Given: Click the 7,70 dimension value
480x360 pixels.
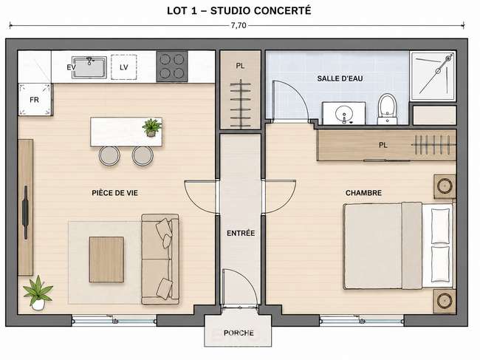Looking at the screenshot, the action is [239, 25].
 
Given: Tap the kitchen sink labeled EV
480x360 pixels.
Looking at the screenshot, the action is [89, 67].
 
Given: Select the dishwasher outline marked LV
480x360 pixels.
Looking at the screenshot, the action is [123, 67].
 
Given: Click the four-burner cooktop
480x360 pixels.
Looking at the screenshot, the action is [172, 67].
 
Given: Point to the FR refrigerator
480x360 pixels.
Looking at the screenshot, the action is [35, 100].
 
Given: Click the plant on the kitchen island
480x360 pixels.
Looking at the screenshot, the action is [151, 127].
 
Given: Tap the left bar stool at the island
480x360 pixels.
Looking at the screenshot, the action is [109, 156].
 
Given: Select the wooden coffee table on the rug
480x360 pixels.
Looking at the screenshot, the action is [106, 259].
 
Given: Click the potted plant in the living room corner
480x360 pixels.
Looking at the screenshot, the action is [38, 293].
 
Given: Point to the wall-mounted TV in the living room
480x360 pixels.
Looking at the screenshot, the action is [25, 212].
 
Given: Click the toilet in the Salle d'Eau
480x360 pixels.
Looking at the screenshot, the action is [387, 109].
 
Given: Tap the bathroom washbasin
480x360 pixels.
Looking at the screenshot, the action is [344, 114].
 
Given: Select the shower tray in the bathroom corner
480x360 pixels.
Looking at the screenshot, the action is [433, 75].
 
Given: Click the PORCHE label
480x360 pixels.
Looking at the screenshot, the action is [239, 333].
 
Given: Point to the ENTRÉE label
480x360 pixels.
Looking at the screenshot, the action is [241, 233].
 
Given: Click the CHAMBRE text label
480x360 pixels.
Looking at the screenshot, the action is [363, 193].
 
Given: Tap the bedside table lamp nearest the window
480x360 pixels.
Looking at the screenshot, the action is [445, 301].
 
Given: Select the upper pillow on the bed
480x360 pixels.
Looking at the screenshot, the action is [441, 225].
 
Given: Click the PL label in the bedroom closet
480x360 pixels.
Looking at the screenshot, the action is [383, 145].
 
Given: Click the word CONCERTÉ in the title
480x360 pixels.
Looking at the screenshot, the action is [282, 11].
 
